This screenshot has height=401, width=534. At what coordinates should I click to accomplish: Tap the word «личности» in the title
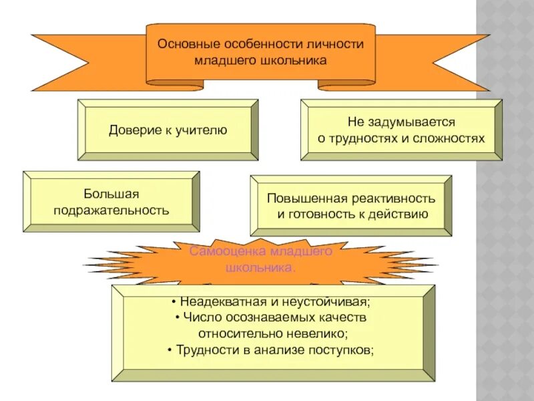pyautogui.click(x=338, y=43)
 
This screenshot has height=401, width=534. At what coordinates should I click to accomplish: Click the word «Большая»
pyautogui.click(x=111, y=194)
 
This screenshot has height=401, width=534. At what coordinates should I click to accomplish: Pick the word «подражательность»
pyautogui.click(x=111, y=211)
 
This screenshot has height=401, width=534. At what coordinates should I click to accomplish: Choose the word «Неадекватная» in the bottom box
pyautogui.click(x=217, y=301)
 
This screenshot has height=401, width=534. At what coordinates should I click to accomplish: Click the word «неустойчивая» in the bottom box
pyautogui.click(x=322, y=301)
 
